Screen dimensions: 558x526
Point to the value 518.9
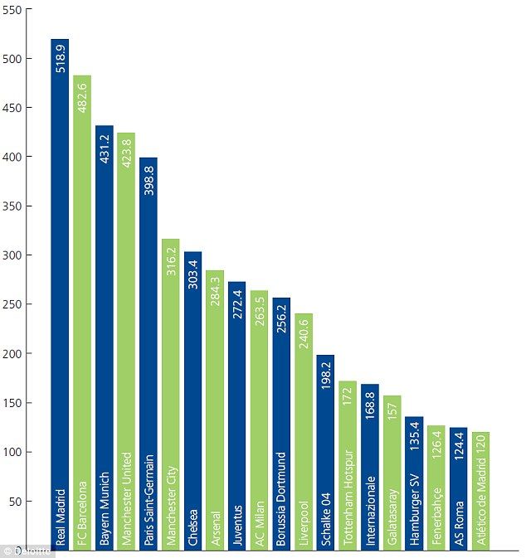(61, 58)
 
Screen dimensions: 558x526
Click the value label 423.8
(127, 152)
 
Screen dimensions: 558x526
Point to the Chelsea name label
(193, 526)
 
